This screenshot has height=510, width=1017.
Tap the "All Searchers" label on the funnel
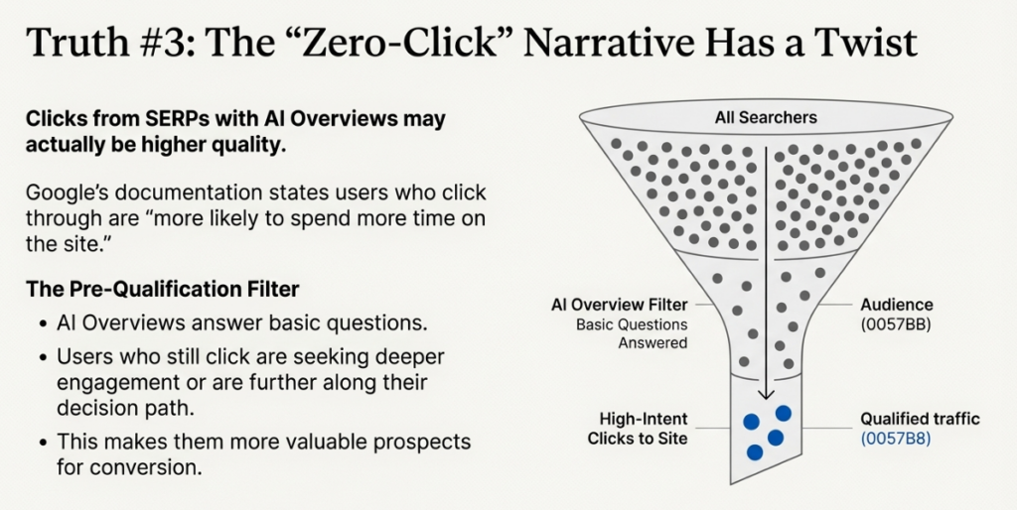[x=766, y=117]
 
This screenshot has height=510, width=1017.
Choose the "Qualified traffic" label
[x=920, y=419]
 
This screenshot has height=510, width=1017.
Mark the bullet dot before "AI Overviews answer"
[x=43, y=323]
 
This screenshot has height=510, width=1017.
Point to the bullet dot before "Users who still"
[x=43, y=356]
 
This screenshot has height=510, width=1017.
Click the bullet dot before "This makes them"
[x=43, y=442]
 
